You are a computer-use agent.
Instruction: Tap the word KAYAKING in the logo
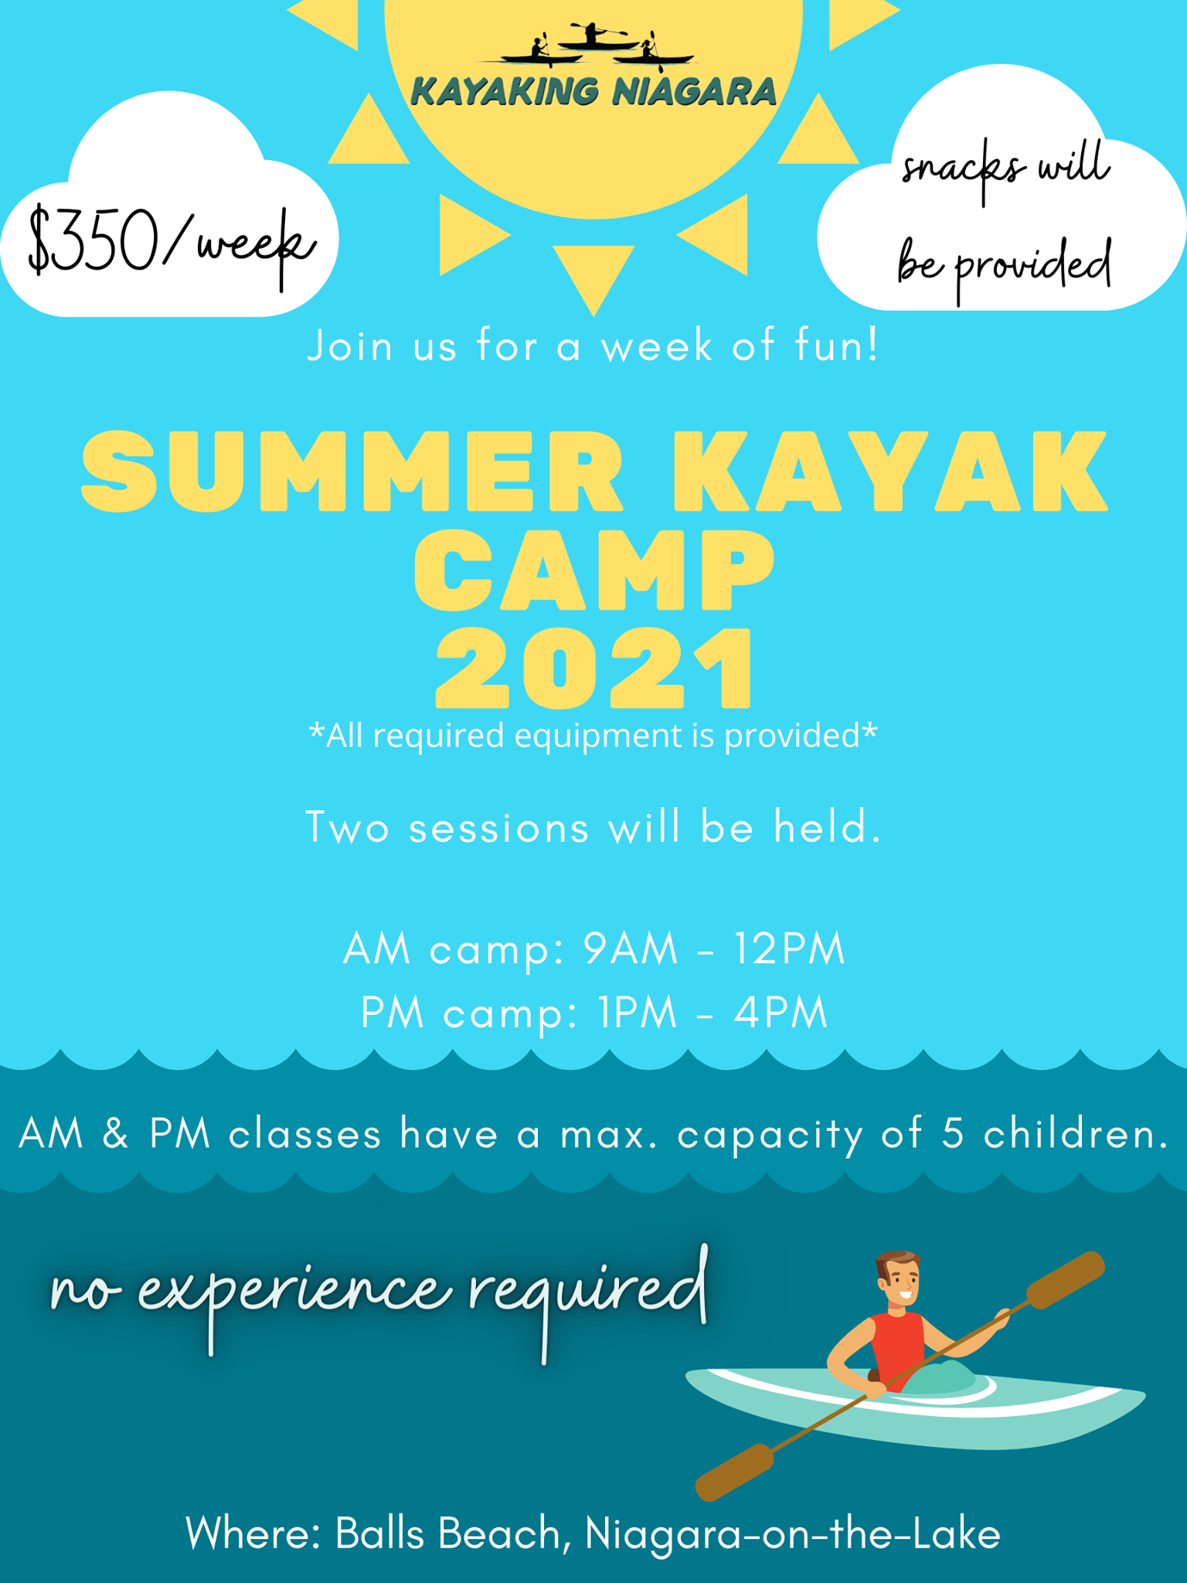pos(505,92)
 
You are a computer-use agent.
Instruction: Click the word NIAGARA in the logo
pos(694,92)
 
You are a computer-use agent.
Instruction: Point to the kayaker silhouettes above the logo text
pos(597,44)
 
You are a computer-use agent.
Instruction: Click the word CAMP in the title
pos(593,570)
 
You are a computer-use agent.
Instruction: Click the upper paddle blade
pos(1066,1281)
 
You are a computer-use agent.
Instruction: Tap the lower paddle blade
pos(734,1472)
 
